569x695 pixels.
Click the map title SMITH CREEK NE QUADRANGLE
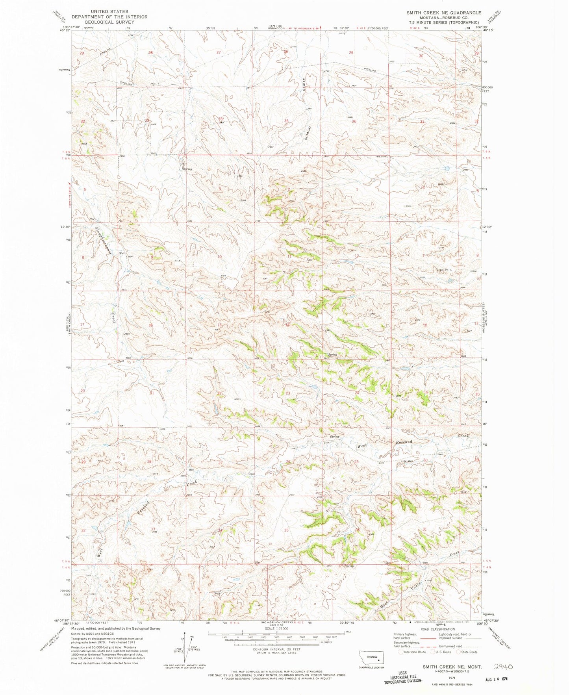[444, 13]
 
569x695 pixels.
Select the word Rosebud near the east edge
[404, 442]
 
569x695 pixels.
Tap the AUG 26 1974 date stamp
[490, 680]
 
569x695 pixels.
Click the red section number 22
[219, 393]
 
